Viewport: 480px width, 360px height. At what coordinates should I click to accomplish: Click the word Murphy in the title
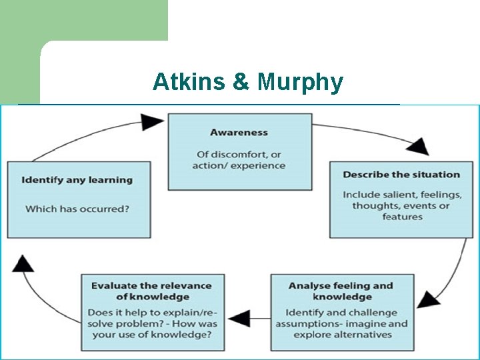tap(301, 83)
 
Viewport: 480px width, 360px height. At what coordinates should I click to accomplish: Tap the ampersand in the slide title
tap(239, 82)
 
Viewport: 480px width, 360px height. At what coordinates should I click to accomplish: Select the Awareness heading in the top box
tap(239, 133)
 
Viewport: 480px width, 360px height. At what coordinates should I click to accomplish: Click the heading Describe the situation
tap(401, 175)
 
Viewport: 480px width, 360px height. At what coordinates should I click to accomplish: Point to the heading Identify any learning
tap(77, 180)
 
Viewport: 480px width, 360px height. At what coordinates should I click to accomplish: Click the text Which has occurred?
tap(77, 209)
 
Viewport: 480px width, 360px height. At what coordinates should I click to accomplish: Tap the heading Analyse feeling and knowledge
tap(341, 291)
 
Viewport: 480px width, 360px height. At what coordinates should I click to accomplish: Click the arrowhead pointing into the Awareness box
tap(153, 121)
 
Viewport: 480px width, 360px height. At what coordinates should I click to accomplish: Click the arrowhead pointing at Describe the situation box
tap(418, 147)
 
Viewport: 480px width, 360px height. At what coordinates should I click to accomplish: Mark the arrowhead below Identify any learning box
tap(24, 263)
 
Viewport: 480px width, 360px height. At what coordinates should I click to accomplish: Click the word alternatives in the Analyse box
tap(363, 335)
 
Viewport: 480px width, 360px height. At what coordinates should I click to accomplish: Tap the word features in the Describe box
tap(402, 217)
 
